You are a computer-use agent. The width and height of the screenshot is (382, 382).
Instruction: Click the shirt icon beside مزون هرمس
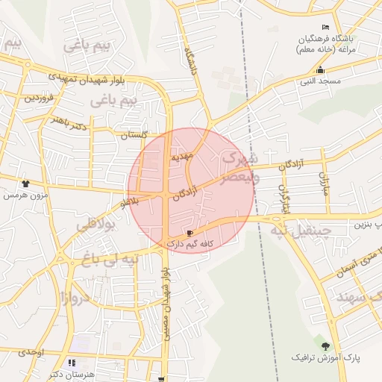pyautogui.click(x=26, y=183)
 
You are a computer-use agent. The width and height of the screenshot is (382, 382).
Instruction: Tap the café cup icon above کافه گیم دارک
pyautogui.click(x=189, y=234)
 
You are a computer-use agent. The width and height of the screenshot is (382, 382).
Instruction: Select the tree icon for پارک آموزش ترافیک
pyautogui.click(x=325, y=345)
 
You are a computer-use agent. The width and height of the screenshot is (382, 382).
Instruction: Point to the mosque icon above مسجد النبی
pyautogui.click(x=320, y=69)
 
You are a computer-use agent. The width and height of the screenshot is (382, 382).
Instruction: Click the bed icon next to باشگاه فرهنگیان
pyautogui.click(x=324, y=27)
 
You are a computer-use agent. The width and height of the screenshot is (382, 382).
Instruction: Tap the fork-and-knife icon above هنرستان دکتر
pyautogui.click(x=72, y=363)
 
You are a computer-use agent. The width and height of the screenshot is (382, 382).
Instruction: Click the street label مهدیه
pyautogui.click(x=182, y=157)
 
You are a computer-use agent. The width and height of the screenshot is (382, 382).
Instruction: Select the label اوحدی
pyautogui.click(x=31, y=351)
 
